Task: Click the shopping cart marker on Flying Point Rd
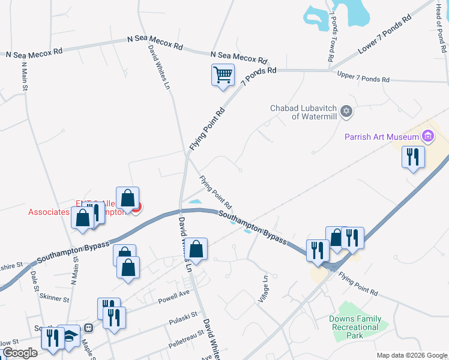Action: (223, 76)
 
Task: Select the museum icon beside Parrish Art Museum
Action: (427, 136)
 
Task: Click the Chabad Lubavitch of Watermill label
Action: (305, 112)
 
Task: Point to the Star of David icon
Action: (346, 111)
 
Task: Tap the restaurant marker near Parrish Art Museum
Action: (412, 157)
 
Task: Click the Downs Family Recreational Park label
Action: (355, 327)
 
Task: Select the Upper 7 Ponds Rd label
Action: (363, 77)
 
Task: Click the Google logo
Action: (19, 352)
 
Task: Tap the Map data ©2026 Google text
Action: (411, 355)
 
